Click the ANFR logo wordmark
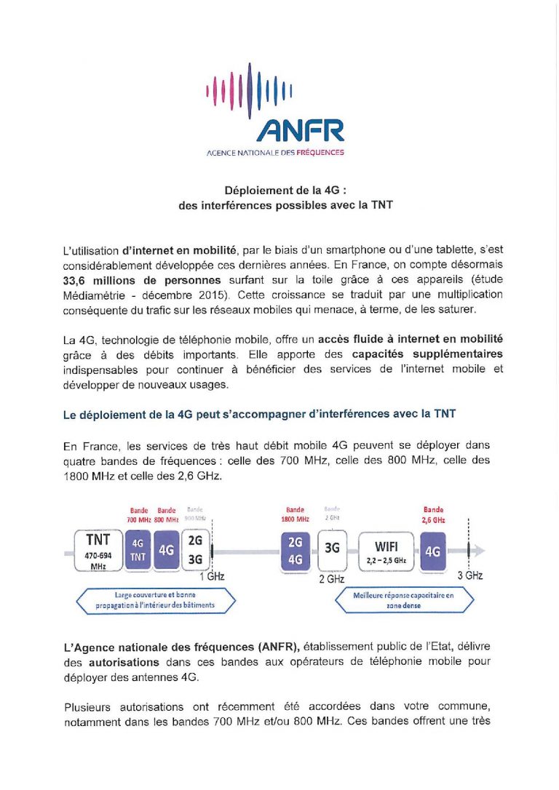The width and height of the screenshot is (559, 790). tap(299, 131)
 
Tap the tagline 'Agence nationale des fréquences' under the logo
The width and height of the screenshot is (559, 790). tap(275, 153)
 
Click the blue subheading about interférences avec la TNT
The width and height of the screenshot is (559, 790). tap(259, 414)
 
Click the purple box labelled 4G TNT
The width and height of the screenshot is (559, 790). tap(138, 550)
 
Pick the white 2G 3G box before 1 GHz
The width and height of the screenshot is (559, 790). tap(195, 550)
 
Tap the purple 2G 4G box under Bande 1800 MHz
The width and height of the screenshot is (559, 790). tap(296, 550)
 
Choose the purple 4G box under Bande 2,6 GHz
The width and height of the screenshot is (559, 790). tap(433, 551)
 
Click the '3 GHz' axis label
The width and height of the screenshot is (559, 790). tap(469, 575)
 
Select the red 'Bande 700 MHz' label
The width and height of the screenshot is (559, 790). tap(138, 514)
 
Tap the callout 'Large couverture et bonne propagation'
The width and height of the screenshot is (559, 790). tap(154, 599)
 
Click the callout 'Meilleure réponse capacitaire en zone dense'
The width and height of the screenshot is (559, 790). tap(404, 599)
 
